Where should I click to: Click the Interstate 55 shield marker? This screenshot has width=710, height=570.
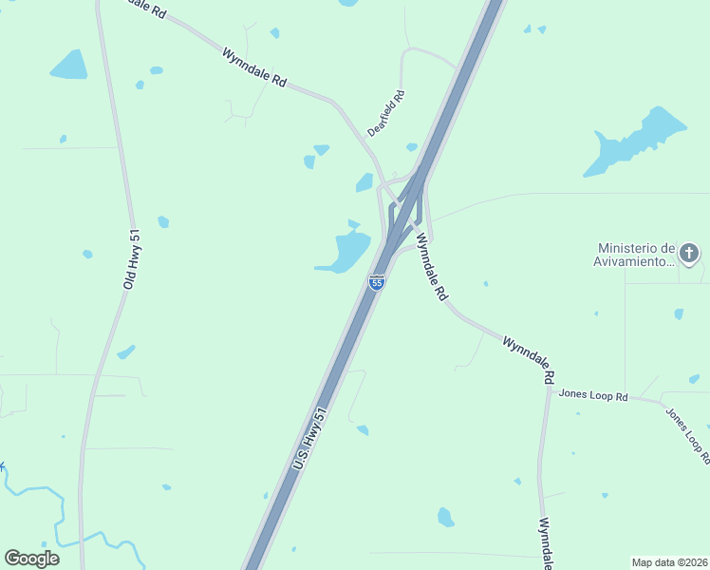click(x=377, y=282)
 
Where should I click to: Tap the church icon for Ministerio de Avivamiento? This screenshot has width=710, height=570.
click(x=689, y=254)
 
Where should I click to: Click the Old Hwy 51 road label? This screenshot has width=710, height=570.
click(x=131, y=259)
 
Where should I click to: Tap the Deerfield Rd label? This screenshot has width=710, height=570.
click(x=387, y=113)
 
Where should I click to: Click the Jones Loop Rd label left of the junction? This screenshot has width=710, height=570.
click(x=593, y=394)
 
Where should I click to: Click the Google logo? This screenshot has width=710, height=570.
click(x=31, y=559)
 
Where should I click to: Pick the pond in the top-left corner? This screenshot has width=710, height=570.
click(x=69, y=66)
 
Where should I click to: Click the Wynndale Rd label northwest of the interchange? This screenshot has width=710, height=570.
click(x=254, y=67)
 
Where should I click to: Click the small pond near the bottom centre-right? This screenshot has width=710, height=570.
click(x=445, y=517)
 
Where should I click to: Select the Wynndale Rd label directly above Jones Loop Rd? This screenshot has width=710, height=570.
click(x=529, y=357)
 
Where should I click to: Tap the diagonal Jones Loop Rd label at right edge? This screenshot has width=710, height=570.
click(x=687, y=434)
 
